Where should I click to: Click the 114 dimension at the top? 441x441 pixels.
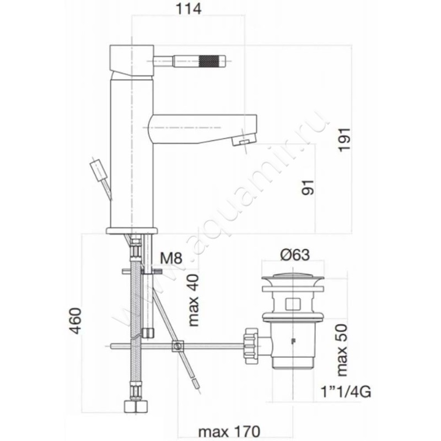189,9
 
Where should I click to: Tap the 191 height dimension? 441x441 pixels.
344,140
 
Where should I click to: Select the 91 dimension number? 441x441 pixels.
308,187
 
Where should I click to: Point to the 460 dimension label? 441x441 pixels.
76,321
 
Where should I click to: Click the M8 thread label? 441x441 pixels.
171,258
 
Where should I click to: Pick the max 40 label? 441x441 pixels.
193,300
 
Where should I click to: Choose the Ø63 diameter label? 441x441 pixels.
295,255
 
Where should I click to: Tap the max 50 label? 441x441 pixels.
342,351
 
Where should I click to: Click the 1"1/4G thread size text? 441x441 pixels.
346,392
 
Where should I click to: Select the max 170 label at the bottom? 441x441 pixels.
229,431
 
